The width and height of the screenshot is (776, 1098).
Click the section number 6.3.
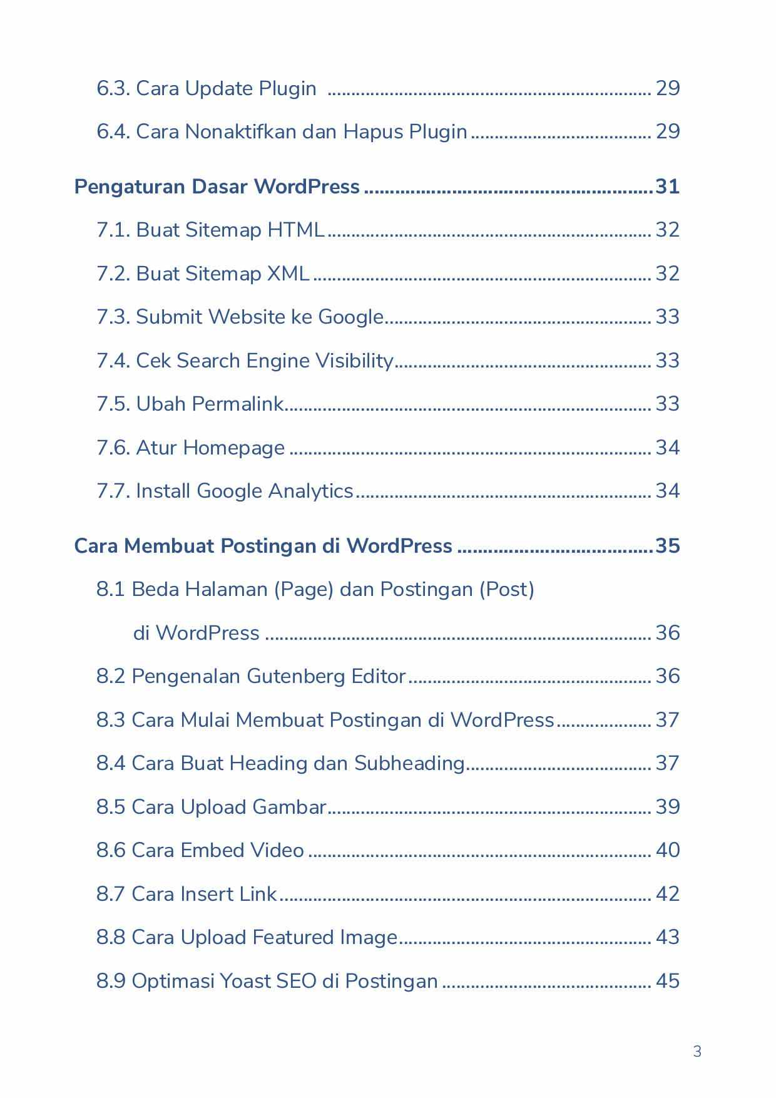[x=113, y=88]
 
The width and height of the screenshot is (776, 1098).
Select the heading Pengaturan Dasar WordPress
[x=217, y=187]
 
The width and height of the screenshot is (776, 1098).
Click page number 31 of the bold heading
[x=667, y=187]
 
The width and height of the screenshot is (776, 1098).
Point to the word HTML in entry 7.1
[x=295, y=230]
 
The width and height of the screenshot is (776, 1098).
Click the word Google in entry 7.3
[x=350, y=317]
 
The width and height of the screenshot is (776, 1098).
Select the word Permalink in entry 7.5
[x=238, y=404]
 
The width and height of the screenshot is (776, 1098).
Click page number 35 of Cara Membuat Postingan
[x=667, y=546]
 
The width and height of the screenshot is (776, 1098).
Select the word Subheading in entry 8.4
[x=409, y=763]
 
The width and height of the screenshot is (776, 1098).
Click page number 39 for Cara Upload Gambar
[x=667, y=806]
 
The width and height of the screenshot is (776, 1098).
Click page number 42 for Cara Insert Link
[x=667, y=893]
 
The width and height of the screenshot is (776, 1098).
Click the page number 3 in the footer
[x=697, y=1051]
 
